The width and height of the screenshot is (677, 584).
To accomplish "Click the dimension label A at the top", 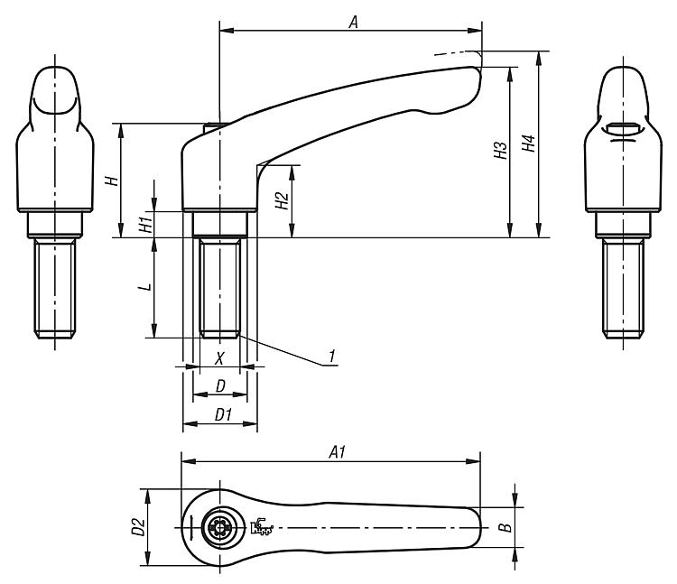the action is [354, 22].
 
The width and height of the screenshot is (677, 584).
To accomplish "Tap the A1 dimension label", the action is [338, 452].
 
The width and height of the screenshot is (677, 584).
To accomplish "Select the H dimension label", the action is [112, 180].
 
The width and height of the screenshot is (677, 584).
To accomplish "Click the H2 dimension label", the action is [282, 200].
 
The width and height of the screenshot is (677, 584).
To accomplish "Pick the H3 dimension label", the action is [501, 150].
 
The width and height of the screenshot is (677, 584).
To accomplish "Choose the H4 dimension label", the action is [528, 143].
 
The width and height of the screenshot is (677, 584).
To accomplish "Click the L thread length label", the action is [147, 287].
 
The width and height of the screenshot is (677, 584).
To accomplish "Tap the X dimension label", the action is [219, 357].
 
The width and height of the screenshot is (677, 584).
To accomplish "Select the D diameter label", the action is [220, 386].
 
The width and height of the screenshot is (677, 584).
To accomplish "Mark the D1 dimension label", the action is [224, 415].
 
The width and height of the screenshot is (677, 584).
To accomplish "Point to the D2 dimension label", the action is [138, 527].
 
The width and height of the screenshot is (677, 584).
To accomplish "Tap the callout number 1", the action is [331, 357].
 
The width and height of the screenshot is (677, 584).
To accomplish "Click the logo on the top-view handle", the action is [262, 526].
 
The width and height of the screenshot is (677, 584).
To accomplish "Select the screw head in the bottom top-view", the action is [219, 527].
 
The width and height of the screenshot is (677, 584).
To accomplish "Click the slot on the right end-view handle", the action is [623, 128].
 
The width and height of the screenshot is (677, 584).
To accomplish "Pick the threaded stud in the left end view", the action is [55, 288].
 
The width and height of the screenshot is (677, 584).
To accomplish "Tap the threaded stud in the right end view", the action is [623, 288].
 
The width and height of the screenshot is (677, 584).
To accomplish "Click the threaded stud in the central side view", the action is [219, 287].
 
